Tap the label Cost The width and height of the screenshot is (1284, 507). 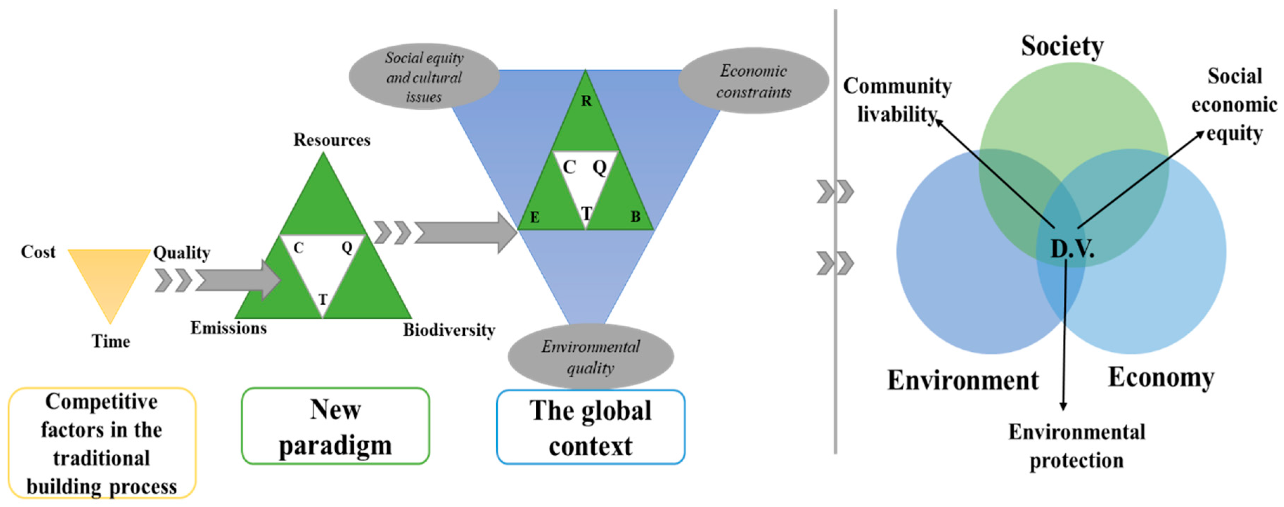tap(38, 252)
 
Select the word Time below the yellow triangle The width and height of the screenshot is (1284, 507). tap(111, 342)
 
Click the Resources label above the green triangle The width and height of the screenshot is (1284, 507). tap(331, 140)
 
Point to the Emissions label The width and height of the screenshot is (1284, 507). tap(229, 328)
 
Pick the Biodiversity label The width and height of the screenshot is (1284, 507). tap(449, 330)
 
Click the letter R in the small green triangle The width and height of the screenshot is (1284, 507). tap(586, 101)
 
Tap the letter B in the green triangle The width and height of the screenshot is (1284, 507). tap(635, 217)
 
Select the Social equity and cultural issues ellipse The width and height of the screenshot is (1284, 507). tap(424, 77)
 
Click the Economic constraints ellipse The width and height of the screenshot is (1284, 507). tap(753, 81)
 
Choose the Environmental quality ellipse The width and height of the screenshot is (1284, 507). tap(591, 357)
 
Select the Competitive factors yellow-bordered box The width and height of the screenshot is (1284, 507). tap(102, 443)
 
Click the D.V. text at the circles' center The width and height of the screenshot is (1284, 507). tap(1072, 248)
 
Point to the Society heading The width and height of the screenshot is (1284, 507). tap(1062, 46)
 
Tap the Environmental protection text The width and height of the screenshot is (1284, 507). tap(1077, 446)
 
